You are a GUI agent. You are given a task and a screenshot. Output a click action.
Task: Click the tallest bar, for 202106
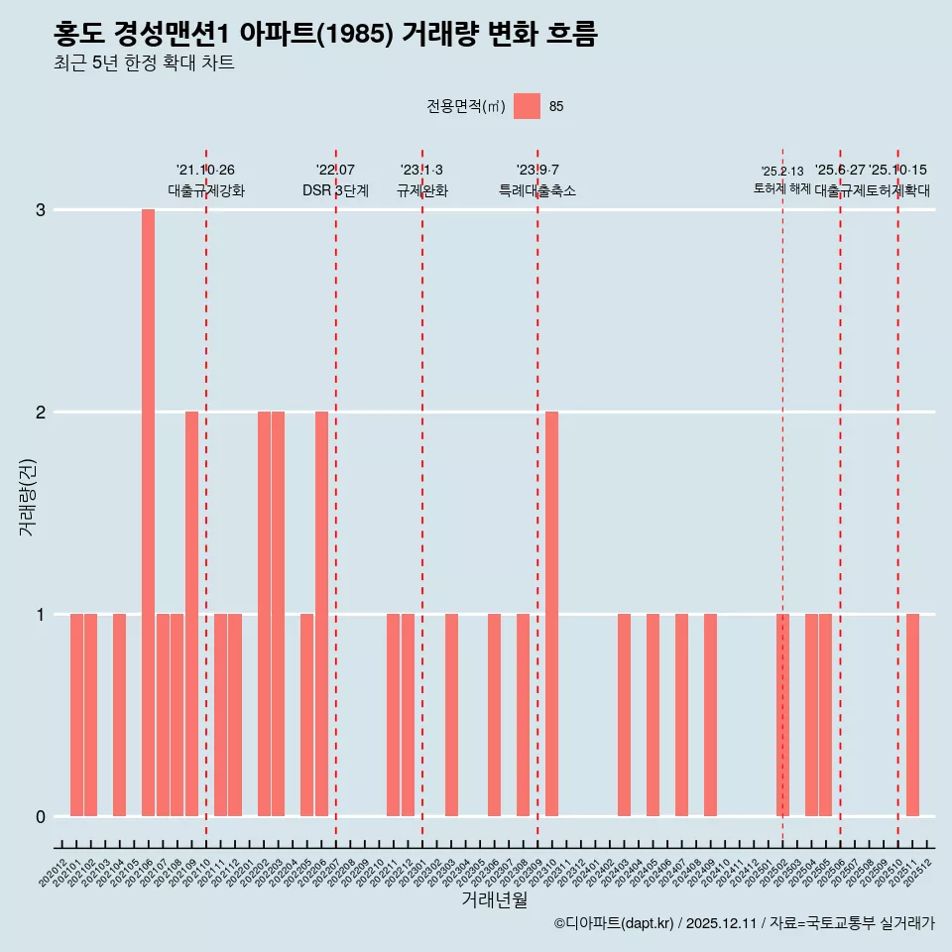(x=148, y=513)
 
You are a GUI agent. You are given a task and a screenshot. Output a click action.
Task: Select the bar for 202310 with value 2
(x=551, y=614)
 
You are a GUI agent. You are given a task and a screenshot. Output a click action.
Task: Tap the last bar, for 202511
(x=912, y=715)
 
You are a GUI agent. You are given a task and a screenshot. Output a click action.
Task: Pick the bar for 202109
(x=191, y=614)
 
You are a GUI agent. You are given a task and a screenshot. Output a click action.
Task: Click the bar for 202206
(x=321, y=614)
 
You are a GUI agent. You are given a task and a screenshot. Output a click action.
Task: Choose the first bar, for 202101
(x=76, y=715)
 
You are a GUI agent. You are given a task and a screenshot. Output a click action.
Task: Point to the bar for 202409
(x=710, y=715)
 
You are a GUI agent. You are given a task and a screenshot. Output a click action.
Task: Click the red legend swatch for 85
(x=527, y=107)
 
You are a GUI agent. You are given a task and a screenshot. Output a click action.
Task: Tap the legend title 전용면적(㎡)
(x=465, y=107)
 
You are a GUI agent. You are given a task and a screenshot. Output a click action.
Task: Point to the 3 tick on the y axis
(x=41, y=210)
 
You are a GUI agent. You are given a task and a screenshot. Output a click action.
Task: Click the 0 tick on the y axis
(x=41, y=817)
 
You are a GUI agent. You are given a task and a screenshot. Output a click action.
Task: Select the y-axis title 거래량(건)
(x=28, y=496)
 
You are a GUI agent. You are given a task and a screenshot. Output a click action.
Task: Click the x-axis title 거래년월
(x=494, y=899)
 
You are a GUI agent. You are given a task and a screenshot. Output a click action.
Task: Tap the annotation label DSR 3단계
(x=335, y=190)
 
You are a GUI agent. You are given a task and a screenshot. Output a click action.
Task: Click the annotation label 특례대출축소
(x=536, y=190)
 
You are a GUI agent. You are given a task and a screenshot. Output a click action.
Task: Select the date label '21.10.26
(x=205, y=171)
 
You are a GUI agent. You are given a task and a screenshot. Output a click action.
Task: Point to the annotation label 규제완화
(x=422, y=190)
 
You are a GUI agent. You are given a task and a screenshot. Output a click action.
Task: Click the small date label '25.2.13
(x=782, y=172)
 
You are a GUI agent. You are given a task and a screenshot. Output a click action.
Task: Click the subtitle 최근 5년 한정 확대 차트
(x=145, y=64)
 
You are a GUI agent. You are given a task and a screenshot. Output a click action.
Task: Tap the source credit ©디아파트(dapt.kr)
(x=614, y=923)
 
